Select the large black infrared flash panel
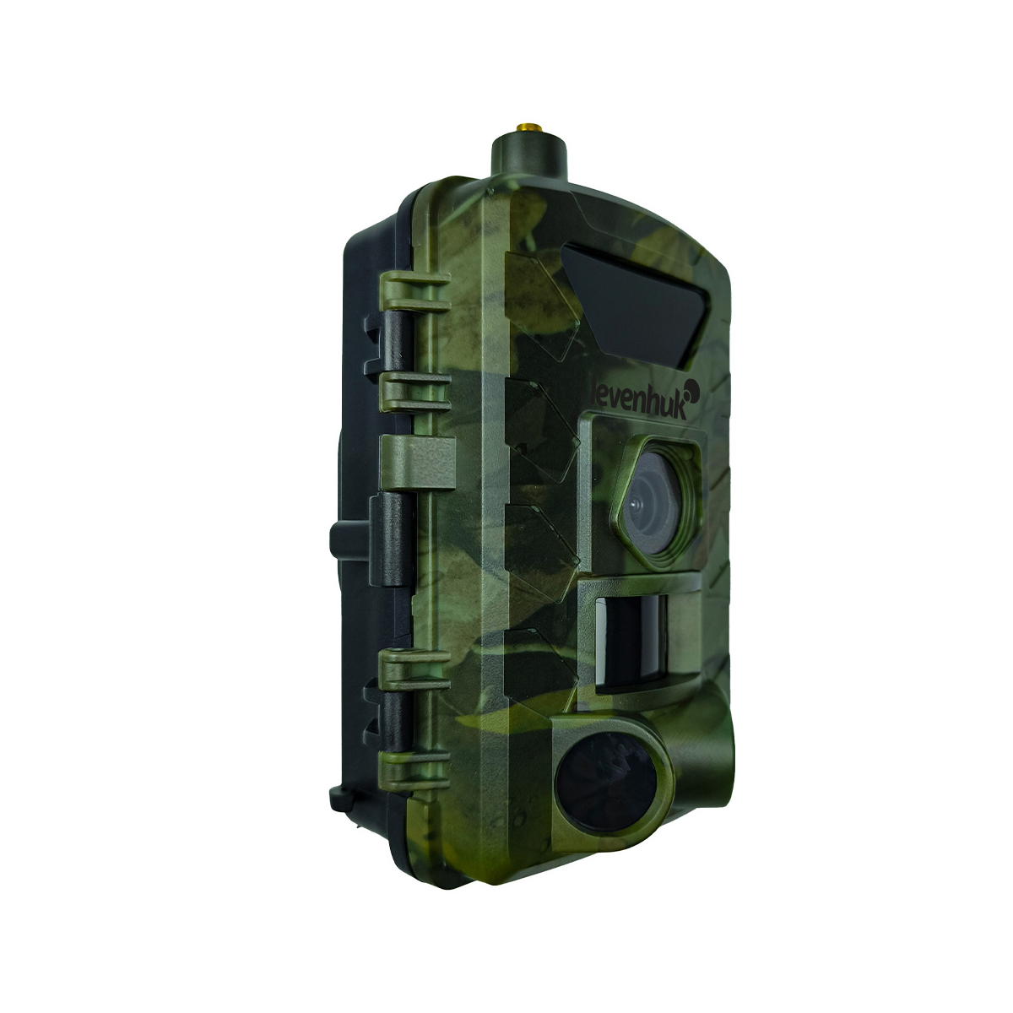click(x=635, y=306)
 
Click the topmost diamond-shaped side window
click(x=541, y=305)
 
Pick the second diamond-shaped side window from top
click(x=541, y=431)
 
